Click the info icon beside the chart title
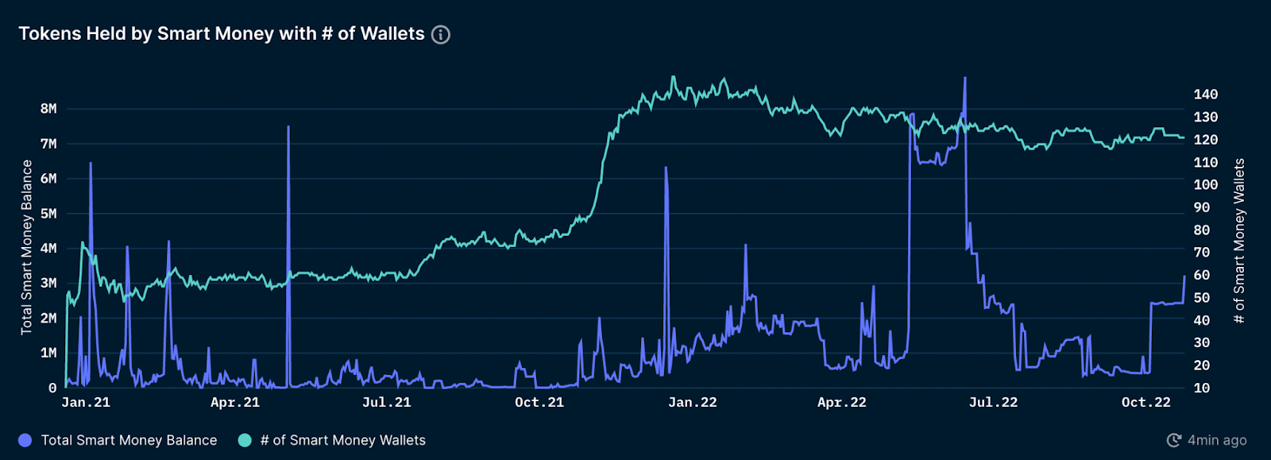pos(440,35)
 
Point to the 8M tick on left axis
pos(48,109)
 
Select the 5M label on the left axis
pos(48,214)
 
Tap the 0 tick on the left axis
pos(52,388)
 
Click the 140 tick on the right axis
pos(1205,95)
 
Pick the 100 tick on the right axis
pos(1205,184)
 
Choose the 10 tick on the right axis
pos(1202,388)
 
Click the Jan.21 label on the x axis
pos(86,403)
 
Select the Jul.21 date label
pos(386,403)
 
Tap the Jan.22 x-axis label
pos(692,403)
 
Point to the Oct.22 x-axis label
pos(1145,403)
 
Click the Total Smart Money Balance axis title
pos(27,247)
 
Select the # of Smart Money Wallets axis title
pos(1238,241)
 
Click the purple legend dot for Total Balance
pos(25,440)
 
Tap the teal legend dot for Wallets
pos(245,440)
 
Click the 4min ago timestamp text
pos(1217,440)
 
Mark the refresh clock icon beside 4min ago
pos(1174,440)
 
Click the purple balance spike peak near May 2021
pos(288,127)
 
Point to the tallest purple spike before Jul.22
pos(964,78)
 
